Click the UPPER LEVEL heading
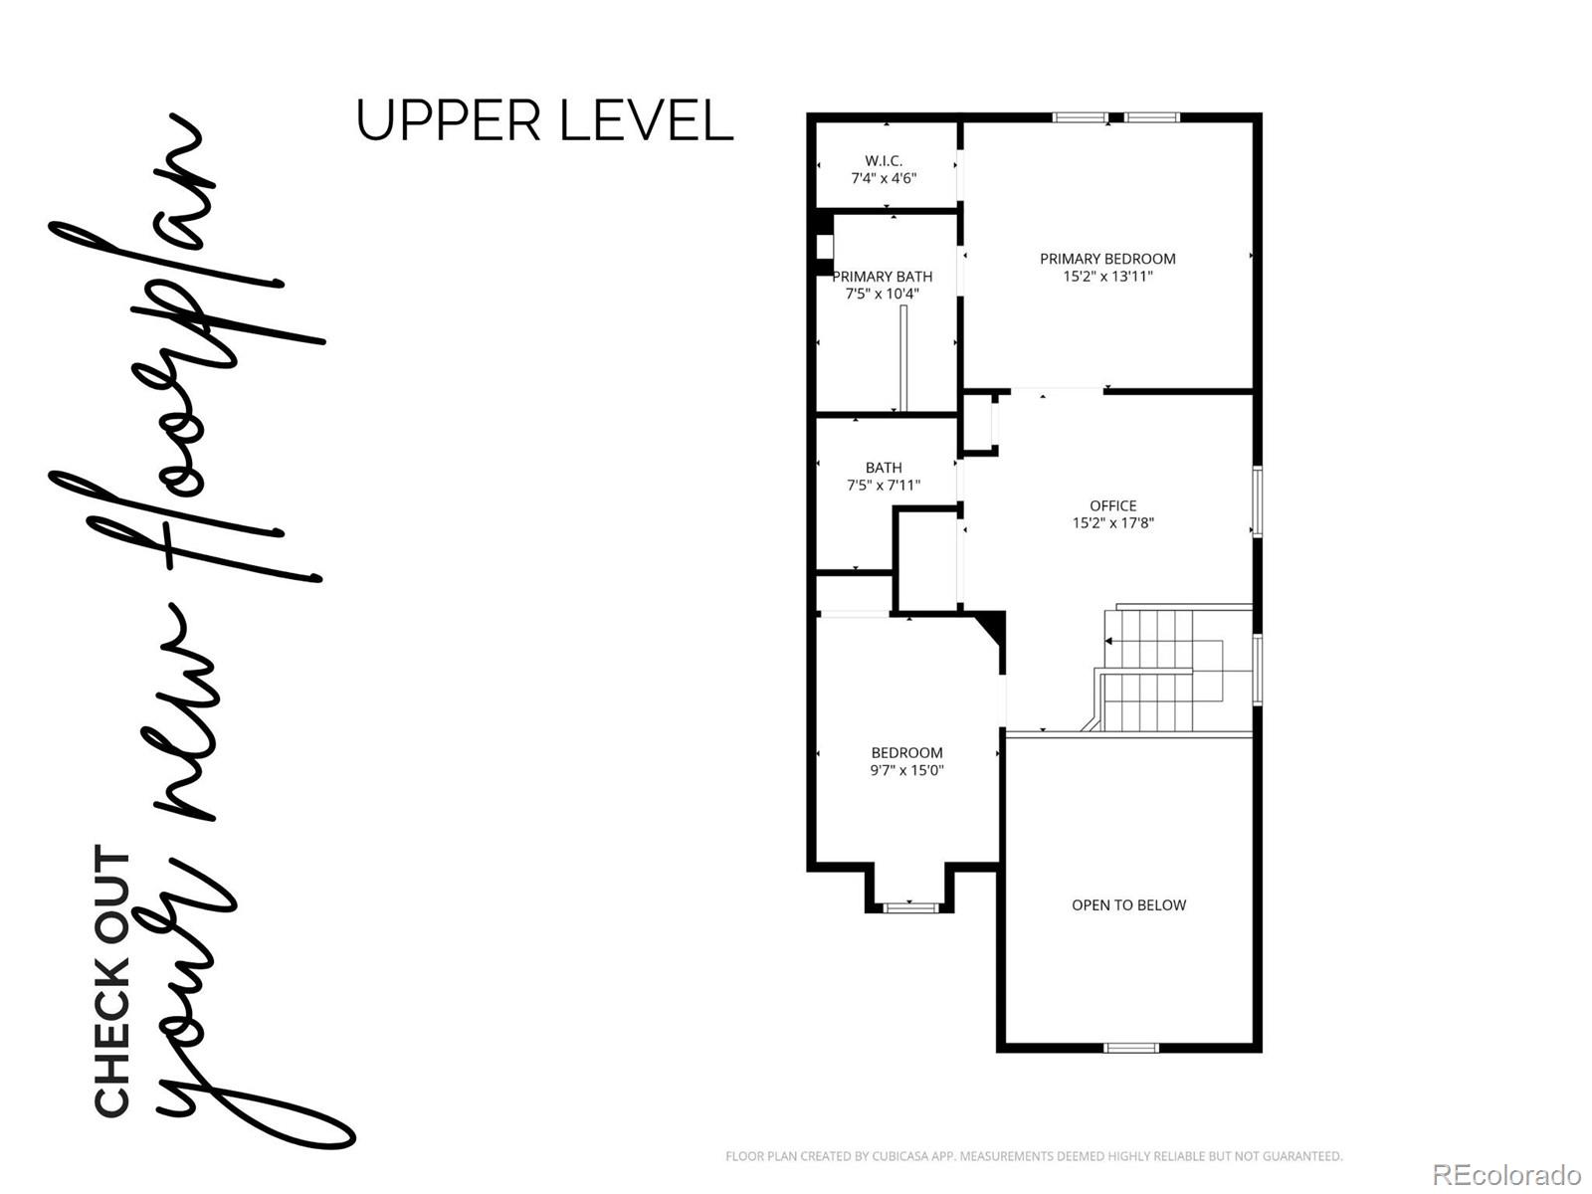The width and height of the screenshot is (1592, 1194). pos(544,121)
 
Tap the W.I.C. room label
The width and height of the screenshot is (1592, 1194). pos(884,160)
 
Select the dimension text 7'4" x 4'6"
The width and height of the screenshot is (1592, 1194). pos(884,178)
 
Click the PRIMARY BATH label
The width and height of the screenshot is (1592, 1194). pos(883,277)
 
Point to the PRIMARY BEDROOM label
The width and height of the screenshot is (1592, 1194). pos(1107,259)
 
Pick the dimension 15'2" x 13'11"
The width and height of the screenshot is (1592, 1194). pos(1107,277)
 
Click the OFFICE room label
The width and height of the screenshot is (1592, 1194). pos(1112,505)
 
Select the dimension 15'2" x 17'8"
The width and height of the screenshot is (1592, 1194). pos(1112,523)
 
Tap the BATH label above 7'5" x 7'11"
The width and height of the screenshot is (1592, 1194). pos(884,468)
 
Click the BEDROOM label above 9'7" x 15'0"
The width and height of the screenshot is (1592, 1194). pos(906,753)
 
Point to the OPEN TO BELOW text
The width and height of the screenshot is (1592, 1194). pos(1128,905)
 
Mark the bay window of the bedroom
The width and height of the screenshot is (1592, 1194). pos(910,906)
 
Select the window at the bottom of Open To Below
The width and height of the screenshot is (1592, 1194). pos(1131,1047)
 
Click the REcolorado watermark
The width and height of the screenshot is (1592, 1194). pos(1506,1174)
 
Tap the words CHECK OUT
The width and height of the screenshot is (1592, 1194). pos(112,980)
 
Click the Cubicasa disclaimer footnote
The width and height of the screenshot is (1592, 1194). pos(1033,1156)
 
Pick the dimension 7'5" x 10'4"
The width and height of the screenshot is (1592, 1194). pos(883,295)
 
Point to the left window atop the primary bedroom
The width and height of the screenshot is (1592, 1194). pos(1081,118)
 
